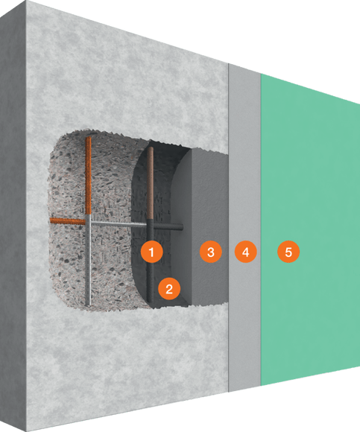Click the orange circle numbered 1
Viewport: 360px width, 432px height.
(x=151, y=252)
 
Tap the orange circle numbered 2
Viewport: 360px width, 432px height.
(x=169, y=288)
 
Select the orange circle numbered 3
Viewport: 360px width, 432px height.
(x=211, y=252)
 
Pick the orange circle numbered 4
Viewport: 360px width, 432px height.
(x=244, y=252)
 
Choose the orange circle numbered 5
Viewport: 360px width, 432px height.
(x=288, y=252)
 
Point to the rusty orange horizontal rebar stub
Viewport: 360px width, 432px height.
(x=67, y=221)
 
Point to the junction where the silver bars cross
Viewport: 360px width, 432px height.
(x=89, y=222)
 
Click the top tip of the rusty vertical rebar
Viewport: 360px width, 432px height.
(x=89, y=139)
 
